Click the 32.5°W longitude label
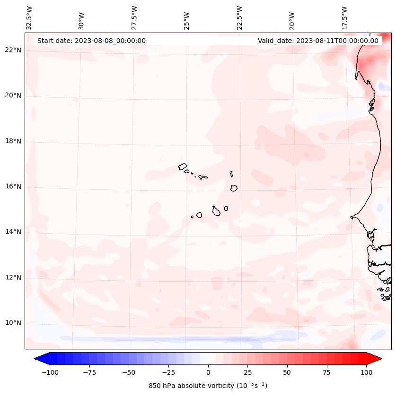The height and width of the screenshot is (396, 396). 29,18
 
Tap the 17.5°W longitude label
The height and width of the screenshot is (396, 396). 345,18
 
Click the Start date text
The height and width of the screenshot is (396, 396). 91,41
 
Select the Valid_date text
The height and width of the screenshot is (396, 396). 318,41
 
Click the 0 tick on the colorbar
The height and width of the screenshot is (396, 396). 208,372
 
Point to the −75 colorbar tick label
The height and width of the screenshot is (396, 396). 88,372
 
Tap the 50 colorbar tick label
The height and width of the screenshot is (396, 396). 287,372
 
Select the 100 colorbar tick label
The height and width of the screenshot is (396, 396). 367,372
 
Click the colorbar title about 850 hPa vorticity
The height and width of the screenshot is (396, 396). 208,386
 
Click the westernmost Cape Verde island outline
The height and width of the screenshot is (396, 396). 183,167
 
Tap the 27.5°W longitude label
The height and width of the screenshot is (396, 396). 134,18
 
